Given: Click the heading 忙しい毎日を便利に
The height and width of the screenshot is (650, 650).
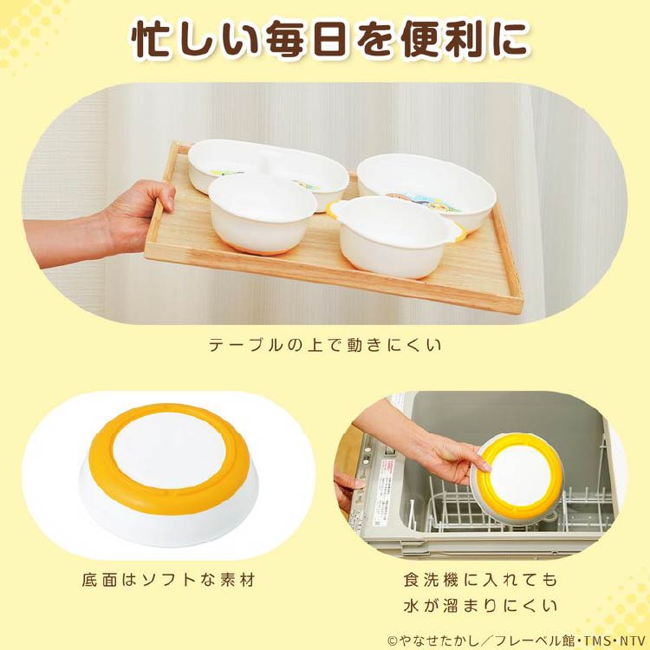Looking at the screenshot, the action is (330, 39).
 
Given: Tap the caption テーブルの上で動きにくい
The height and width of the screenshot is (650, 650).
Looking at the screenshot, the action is (325, 345).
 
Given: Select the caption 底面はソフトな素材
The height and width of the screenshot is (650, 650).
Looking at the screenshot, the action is (168, 580).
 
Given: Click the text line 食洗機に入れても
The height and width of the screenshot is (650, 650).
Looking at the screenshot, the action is (480, 580).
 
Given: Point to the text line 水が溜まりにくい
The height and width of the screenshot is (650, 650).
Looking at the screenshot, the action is (480, 606).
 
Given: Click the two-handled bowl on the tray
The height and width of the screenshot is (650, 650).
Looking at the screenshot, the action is (396, 236).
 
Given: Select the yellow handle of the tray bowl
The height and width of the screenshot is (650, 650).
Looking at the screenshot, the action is (458, 233).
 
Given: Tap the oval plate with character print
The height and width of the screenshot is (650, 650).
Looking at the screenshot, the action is (427, 190).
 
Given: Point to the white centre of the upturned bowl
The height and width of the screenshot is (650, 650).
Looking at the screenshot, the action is (169, 451).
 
